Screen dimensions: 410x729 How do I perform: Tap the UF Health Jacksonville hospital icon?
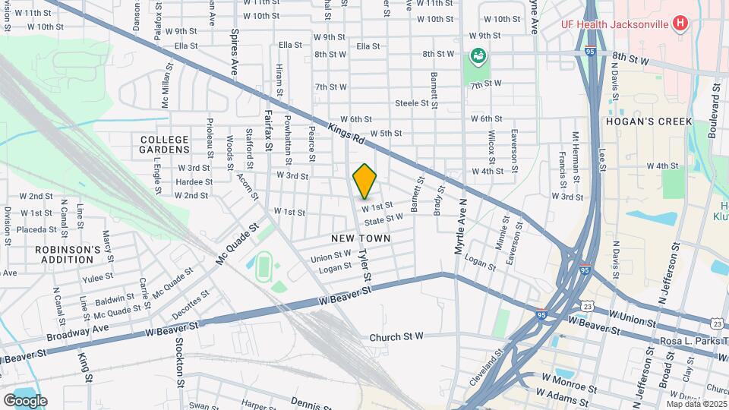680,23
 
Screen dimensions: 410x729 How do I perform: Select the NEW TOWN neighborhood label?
361,238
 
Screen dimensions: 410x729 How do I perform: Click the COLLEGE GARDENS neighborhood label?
164,144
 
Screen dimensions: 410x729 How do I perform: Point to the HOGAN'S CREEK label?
649,121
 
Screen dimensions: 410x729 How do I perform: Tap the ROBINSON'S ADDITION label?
68,254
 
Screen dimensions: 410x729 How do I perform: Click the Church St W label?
396,337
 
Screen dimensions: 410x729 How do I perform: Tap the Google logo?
25,400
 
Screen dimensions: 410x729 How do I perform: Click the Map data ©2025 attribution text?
696,404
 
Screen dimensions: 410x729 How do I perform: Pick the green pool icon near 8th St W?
478,55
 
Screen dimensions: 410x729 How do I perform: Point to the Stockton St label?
181,374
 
